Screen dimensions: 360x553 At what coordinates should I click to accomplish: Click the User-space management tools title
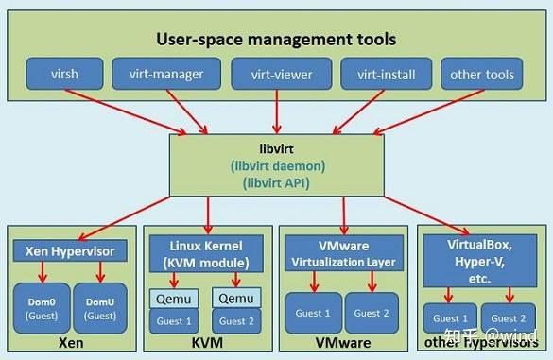click(276, 40)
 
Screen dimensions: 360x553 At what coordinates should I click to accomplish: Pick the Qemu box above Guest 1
click(176, 299)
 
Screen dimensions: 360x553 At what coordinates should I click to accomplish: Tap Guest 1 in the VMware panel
click(313, 312)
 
